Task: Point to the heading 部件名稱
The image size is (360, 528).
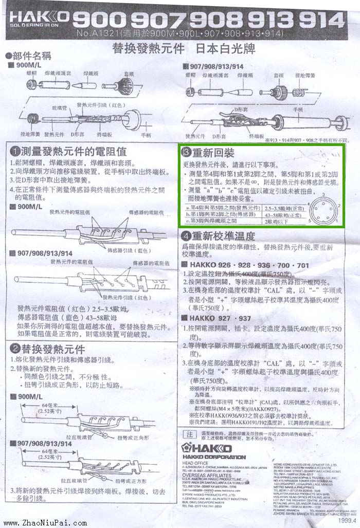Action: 26,56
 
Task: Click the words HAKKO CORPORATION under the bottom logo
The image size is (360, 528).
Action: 214,457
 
